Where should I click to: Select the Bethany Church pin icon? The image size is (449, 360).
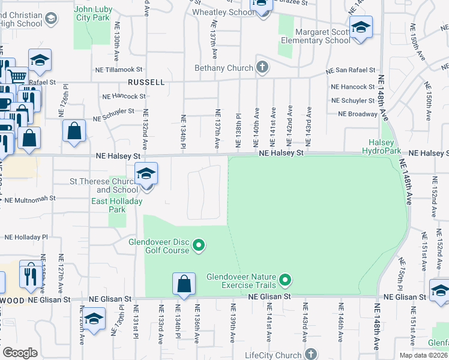click(262, 67)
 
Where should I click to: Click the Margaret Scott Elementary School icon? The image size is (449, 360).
click(361, 28)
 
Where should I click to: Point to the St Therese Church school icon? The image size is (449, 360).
click(146, 175)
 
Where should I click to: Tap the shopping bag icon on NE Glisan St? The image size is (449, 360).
click(184, 284)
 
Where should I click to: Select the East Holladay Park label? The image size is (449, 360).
click(116, 205)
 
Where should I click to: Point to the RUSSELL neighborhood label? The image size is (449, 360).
click(145, 82)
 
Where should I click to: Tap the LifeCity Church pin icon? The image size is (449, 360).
click(311, 354)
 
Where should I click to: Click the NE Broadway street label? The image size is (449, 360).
click(358, 113)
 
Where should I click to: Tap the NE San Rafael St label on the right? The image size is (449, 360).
click(350, 71)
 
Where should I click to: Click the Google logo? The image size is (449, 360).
click(20, 353)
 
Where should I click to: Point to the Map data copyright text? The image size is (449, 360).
click(423, 355)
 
